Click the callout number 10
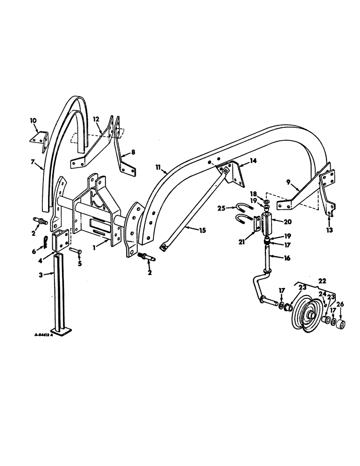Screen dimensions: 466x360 33,121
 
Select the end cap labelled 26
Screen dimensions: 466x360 339,325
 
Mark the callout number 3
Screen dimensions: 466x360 41,275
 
